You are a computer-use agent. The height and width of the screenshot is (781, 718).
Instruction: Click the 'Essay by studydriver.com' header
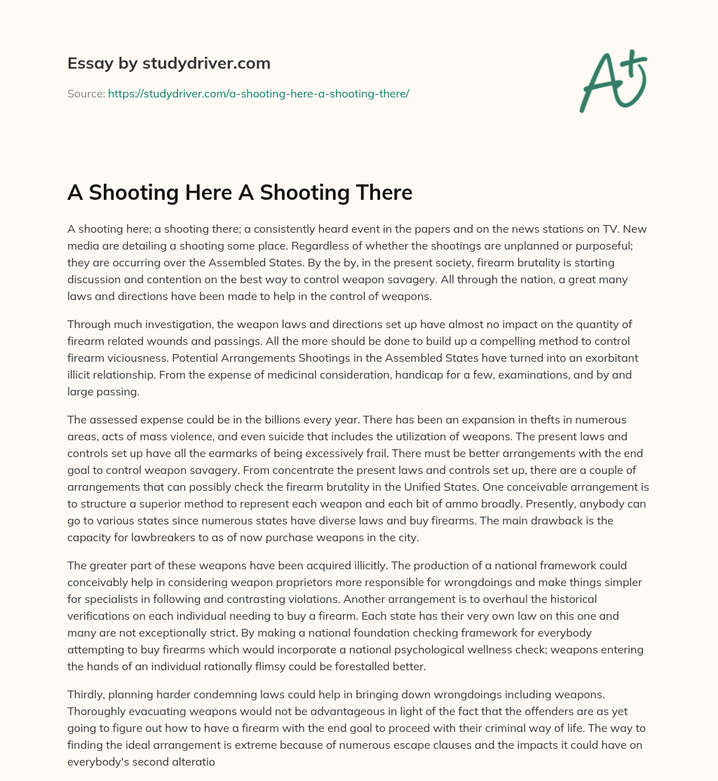tap(169, 64)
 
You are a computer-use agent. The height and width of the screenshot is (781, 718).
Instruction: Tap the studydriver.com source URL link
tap(258, 93)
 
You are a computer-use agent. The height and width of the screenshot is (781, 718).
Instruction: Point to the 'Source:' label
tap(86, 93)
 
